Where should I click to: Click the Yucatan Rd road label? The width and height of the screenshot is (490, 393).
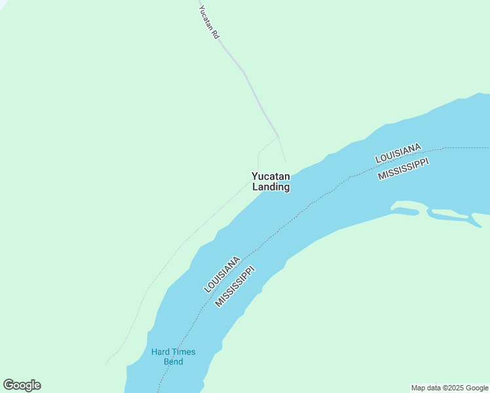tap(208, 22)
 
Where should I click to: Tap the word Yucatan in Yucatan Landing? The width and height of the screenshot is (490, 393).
tap(271, 176)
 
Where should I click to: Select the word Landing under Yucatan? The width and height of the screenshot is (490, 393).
tap(271, 187)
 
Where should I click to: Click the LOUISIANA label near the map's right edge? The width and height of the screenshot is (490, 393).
tap(398, 153)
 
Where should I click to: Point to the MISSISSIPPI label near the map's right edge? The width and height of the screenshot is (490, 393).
tap(403, 168)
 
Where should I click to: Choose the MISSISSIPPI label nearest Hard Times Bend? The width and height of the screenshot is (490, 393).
tap(235, 286)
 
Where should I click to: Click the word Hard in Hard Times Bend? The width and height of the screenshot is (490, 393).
tap(160, 352)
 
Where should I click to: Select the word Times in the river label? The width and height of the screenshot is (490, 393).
tap(184, 352)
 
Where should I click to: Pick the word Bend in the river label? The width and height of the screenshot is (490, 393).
tap(173, 362)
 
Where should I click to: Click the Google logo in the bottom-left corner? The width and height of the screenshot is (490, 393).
tap(22, 385)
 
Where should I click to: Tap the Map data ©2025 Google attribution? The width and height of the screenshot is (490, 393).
tap(450, 388)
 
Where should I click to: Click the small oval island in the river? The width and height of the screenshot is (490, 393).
tap(405, 210)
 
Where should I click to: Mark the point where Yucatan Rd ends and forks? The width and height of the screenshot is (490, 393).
tap(278, 136)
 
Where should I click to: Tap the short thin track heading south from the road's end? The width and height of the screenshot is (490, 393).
tap(282, 149)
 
